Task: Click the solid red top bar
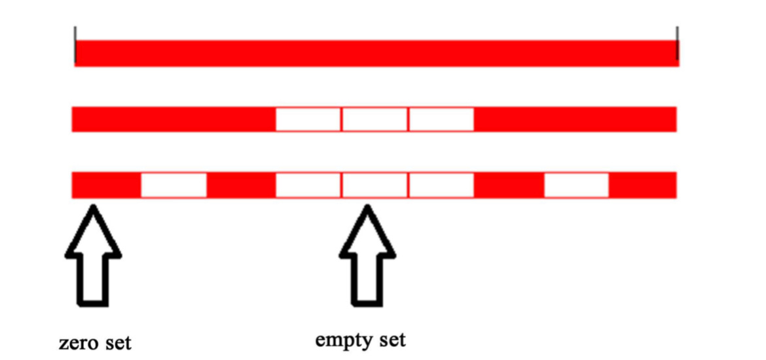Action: (376, 53)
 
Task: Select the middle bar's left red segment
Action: (173, 119)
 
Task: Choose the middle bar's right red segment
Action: (575, 119)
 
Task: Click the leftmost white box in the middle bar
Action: (308, 119)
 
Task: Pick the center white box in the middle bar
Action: (375, 119)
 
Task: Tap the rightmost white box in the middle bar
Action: (442, 119)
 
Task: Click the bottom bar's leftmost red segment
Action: (106, 185)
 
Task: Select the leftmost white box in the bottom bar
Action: (173, 185)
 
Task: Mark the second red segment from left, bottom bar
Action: (241, 185)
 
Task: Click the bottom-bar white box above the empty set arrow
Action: (375, 185)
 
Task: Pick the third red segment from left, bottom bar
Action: (509, 185)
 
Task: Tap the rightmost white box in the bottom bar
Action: (576, 185)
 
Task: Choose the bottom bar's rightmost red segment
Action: (643, 185)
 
